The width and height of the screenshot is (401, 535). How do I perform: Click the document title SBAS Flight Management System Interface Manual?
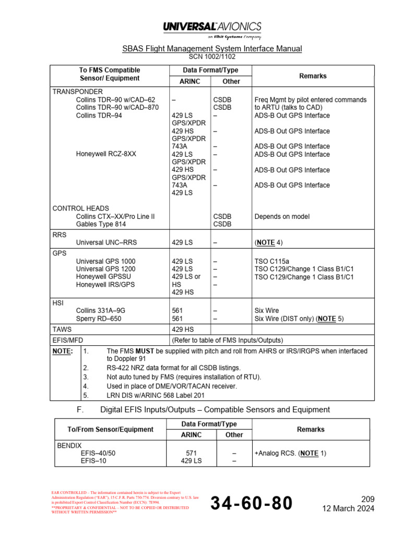(212, 49)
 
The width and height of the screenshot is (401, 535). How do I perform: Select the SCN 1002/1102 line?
(212, 56)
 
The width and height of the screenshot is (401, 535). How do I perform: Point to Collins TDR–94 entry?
(99, 115)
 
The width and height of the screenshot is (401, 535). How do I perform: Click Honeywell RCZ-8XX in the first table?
(106, 154)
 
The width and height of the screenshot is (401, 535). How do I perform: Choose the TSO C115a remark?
(271, 261)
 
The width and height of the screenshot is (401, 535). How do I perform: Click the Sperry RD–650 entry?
(99, 318)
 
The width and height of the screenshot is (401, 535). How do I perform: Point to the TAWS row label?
(62, 330)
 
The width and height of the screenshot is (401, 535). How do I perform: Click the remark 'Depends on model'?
(282, 216)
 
